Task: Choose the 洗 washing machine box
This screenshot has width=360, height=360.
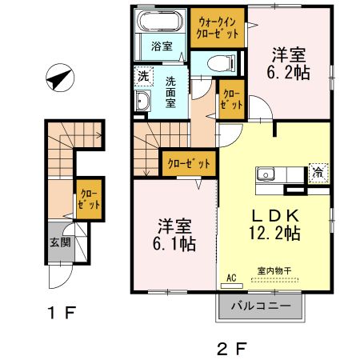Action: tap(142, 77)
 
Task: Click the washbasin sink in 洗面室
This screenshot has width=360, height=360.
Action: tap(143, 102)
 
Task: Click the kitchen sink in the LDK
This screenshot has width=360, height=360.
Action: tap(266, 174)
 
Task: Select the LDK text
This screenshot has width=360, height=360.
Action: tap(275, 215)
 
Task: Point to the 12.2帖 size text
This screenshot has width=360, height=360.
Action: tap(276, 234)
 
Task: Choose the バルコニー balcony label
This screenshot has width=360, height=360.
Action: tap(261, 306)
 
